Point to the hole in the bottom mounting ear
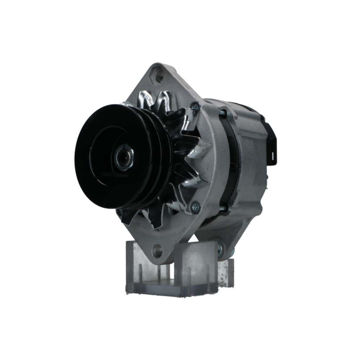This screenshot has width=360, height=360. pyautogui.click(x=157, y=251)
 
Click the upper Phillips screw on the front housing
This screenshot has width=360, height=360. pyautogui.click(x=195, y=107)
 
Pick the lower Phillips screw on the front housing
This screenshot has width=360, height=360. pyautogui.click(x=195, y=207)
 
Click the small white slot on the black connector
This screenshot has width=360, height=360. pyautogui.click(x=273, y=156)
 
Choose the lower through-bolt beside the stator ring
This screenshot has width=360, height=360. pyautogui.click(x=224, y=208)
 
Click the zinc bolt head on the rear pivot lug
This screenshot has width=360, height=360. pyautogui.click(x=219, y=249)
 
